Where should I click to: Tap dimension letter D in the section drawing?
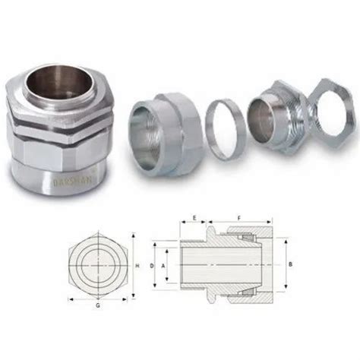coord(151,266)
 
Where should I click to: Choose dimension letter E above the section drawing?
coord(194,217)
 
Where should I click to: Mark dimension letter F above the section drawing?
coord(240,217)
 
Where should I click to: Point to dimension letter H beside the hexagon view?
coord(137,266)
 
